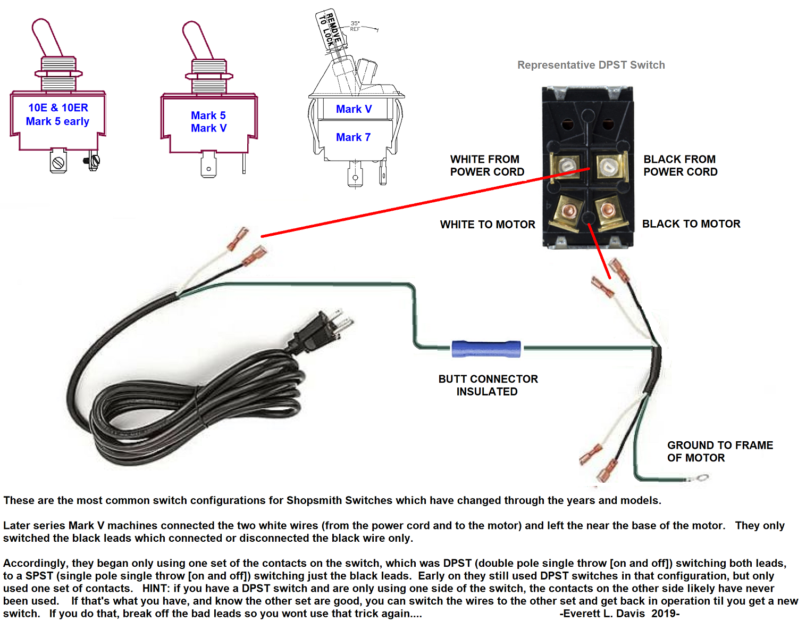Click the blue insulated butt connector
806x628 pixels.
coord(486,349)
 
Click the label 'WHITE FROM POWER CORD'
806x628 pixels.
coord(487,166)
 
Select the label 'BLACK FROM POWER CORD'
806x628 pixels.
coord(680,166)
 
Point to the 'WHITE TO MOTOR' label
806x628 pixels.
coord(488,225)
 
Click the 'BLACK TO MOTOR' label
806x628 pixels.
coord(691,224)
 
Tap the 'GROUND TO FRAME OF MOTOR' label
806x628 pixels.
coord(720,451)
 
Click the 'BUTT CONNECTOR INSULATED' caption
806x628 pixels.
coord(488,385)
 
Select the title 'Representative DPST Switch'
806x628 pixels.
coord(591,65)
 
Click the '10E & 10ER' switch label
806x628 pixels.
coord(58,108)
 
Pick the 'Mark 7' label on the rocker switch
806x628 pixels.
coord(353,137)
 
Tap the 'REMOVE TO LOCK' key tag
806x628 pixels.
coord(329,29)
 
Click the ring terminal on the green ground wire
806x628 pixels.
coord(702,477)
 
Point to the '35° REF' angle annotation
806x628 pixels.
coord(355,26)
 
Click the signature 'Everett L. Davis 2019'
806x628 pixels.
coord(619,613)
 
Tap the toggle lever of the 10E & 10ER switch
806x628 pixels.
coord(47,37)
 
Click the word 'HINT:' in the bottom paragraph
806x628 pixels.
coord(156,588)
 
